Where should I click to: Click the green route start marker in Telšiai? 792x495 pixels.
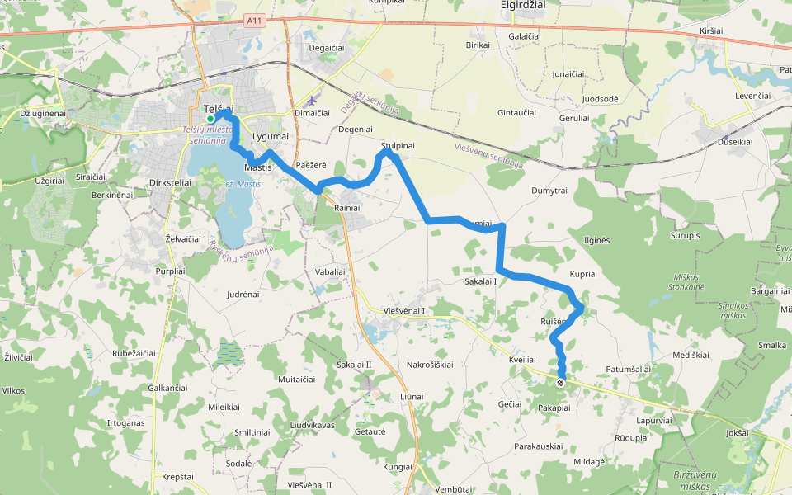[x=210, y=120]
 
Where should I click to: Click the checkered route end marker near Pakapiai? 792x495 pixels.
[x=561, y=383]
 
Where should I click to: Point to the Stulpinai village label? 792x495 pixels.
[x=398, y=146]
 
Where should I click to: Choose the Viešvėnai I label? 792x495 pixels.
[x=404, y=310]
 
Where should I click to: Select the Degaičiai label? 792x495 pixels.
[x=326, y=48]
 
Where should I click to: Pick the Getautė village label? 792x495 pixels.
[x=370, y=431]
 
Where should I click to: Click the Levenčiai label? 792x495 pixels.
[x=752, y=96]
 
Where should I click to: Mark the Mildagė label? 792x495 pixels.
[x=589, y=461]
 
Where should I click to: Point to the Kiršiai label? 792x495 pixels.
[x=710, y=31]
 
